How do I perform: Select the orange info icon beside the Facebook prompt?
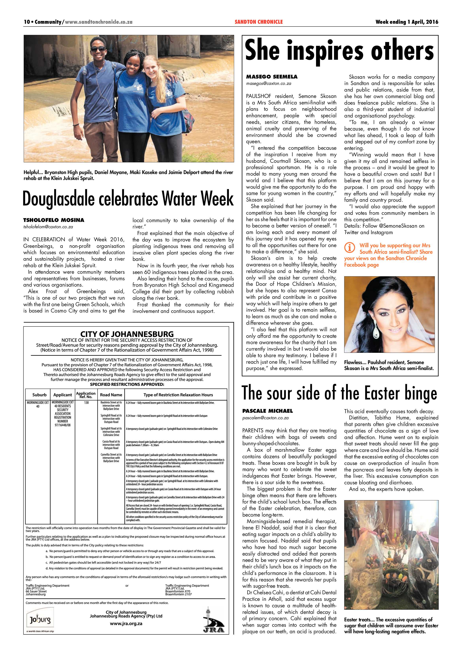[350, 248]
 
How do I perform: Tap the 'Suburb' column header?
[39, 395]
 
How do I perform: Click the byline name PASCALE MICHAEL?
[267, 411]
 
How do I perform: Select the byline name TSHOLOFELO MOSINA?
[54, 220]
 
